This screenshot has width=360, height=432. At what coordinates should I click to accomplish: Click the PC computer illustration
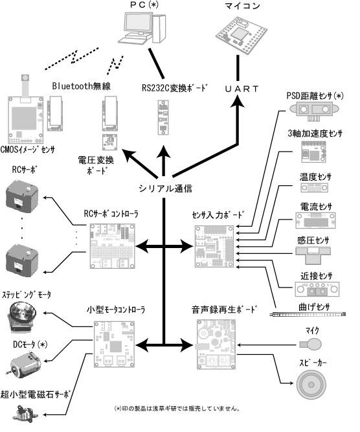[x=142, y=28]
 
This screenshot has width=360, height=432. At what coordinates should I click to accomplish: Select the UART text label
[x=242, y=89]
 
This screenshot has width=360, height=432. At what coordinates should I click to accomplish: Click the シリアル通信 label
[x=165, y=188]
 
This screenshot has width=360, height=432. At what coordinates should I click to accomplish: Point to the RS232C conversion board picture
[x=163, y=117]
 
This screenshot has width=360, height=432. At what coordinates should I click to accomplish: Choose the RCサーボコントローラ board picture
[x=113, y=246]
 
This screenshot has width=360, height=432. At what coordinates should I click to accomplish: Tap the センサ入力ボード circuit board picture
[x=214, y=246]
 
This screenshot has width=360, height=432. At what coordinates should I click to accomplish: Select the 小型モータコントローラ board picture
[x=114, y=345]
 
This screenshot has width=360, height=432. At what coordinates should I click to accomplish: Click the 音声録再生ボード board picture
[x=216, y=345]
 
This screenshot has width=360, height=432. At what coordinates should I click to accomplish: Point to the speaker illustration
[x=311, y=385]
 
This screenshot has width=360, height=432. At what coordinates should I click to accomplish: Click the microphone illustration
[x=311, y=344]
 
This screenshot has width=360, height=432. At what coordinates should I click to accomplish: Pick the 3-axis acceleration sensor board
[x=313, y=152]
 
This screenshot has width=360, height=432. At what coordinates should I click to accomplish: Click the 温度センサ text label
[x=315, y=177]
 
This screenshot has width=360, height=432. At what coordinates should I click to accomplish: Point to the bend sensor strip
[x=307, y=314]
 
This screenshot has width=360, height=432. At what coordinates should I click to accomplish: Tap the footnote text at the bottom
[x=177, y=409]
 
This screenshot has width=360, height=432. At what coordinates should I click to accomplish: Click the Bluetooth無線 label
[x=82, y=86]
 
